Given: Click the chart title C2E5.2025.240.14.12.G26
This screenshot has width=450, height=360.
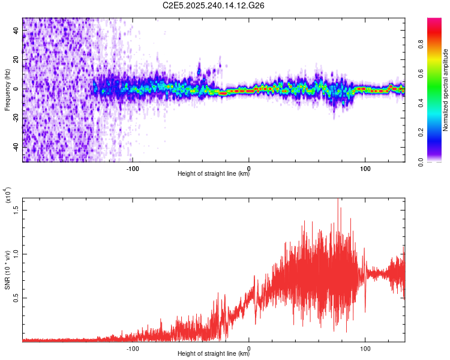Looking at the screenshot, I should click(x=214, y=5).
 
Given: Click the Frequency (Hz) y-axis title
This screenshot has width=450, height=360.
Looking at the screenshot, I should click(x=7, y=89).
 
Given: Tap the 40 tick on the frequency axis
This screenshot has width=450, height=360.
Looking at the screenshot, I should click(x=16, y=31).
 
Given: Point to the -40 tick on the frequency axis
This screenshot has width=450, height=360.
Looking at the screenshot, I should click(x=14, y=146).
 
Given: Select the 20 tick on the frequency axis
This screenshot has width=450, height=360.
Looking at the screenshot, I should click(x=16, y=60).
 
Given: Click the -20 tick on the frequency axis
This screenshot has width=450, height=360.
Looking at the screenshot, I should click(x=14, y=118).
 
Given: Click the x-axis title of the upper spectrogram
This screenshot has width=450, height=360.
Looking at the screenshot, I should click(x=214, y=174).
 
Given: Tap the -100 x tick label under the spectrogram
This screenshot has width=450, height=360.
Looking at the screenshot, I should click(x=133, y=169).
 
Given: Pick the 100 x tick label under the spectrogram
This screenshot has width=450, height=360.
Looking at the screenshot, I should click(x=365, y=169).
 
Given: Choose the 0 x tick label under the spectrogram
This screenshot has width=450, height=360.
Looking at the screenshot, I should click(x=249, y=169).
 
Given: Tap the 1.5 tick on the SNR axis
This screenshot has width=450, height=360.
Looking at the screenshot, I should click(x=16, y=209).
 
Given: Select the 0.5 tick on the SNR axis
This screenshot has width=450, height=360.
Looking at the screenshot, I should click(x=16, y=298).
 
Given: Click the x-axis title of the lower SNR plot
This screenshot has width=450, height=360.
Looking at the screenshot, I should click(x=214, y=353).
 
